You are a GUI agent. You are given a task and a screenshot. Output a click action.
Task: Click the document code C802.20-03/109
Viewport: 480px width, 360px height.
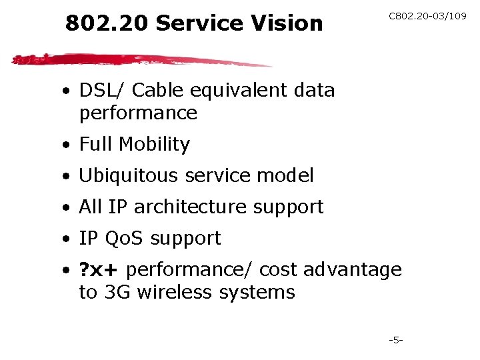click(427, 16)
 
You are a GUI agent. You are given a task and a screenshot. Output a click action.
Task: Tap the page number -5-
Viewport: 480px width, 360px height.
click(397, 340)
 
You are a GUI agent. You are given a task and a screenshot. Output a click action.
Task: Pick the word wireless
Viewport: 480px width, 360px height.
click(175, 292)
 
